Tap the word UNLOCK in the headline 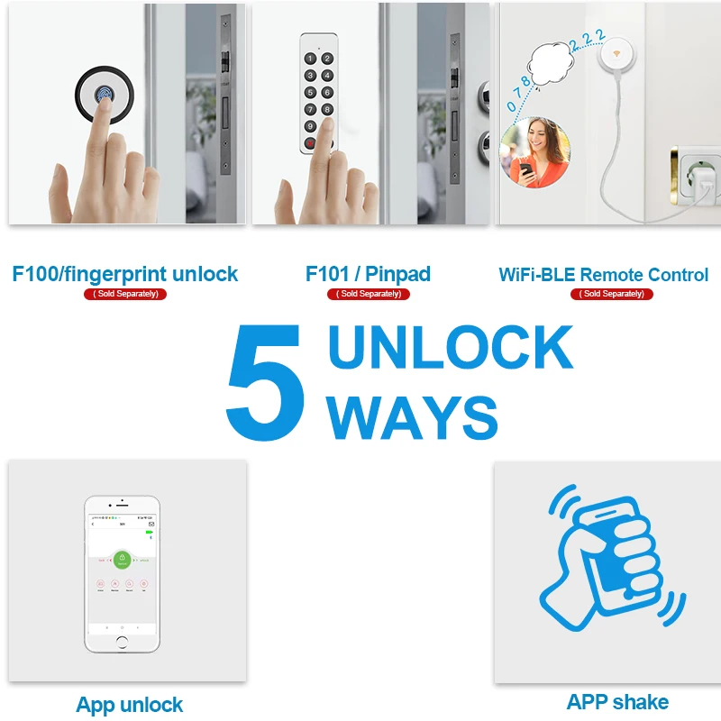[450, 348]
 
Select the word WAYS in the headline [412, 416]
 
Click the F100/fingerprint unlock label [125, 274]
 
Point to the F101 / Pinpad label [368, 274]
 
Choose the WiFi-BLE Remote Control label [603, 274]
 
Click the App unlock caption [130, 705]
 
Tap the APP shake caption [617, 702]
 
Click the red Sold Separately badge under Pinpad [368, 294]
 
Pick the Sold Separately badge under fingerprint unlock [125, 294]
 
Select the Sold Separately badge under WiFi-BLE [612, 294]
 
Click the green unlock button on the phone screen [123, 559]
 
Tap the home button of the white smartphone [123, 641]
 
